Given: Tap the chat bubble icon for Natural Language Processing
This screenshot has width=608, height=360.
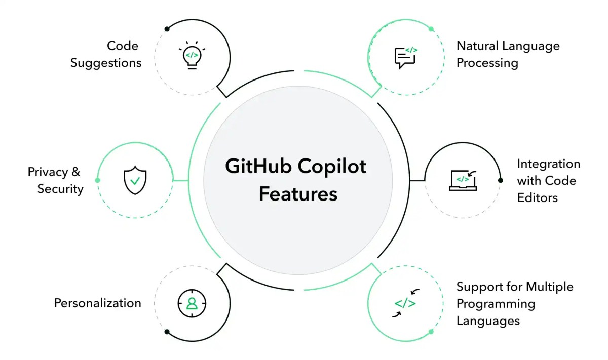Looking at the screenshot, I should click(x=405, y=57).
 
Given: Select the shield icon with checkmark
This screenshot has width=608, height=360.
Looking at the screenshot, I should click(x=135, y=180).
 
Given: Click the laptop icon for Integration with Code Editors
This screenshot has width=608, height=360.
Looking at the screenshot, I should click(x=463, y=180).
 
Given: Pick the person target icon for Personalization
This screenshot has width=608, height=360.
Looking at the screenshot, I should click(x=192, y=303).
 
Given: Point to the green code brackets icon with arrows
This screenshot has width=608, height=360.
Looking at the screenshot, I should click(x=405, y=303).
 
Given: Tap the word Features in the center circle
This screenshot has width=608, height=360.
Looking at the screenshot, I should click(x=298, y=194).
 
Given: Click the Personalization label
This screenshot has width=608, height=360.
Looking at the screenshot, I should click(x=98, y=303).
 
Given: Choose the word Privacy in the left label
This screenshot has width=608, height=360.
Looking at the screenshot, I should click(x=48, y=172).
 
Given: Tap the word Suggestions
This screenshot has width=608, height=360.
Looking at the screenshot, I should click(x=106, y=63).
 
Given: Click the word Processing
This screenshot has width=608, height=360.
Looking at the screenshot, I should click(x=487, y=63).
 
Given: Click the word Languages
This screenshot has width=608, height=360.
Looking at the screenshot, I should click(x=488, y=321).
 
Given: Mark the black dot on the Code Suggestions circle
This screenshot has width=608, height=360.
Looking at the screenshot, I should click(x=167, y=29).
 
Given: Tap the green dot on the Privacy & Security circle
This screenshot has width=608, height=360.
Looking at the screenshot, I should click(x=97, y=180).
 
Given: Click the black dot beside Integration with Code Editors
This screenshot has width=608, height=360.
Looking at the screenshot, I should click(x=501, y=180).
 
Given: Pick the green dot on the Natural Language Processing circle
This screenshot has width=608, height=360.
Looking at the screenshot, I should click(x=431, y=29).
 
